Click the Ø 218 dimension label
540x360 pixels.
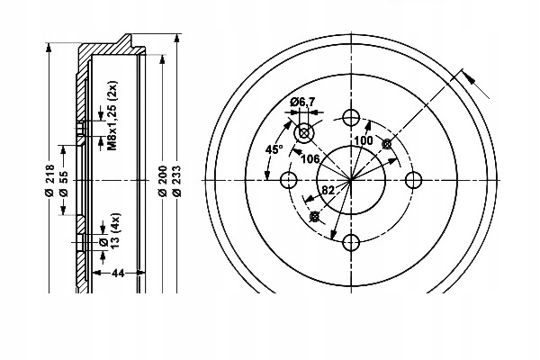tap(50, 180)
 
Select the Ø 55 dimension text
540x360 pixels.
tap(64, 184)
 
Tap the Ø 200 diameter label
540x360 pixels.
tap(163, 181)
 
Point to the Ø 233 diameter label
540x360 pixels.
tap(176, 181)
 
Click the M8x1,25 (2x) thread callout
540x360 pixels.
tap(112, 115)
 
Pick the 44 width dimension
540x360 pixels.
tap(118, 273)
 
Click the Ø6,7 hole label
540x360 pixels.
tap(302, 102)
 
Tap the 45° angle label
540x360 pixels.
tap(274, 149)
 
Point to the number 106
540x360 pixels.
tap(310, 158)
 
